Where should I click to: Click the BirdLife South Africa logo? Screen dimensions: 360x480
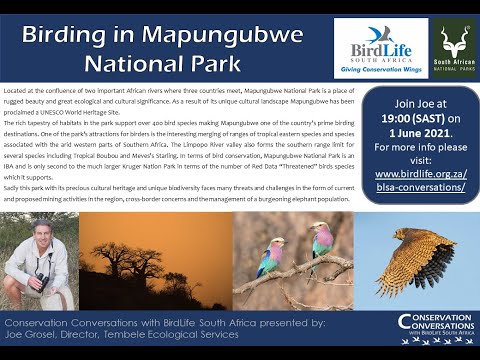click(380, 46)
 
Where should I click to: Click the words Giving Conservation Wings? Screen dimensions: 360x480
click(380, 72)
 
